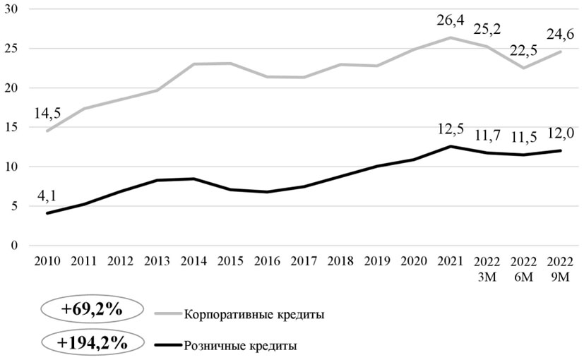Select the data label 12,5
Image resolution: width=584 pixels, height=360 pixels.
tap(451, 130)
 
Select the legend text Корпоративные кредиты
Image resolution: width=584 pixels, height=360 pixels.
tap(254, 315)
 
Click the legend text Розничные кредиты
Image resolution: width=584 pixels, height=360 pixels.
tap(240, 346)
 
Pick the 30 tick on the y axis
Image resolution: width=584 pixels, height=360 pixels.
tap(13, 9)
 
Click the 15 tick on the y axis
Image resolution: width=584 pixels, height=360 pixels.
tap(13, 127)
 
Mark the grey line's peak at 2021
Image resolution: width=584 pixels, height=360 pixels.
tap(451, 37)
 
